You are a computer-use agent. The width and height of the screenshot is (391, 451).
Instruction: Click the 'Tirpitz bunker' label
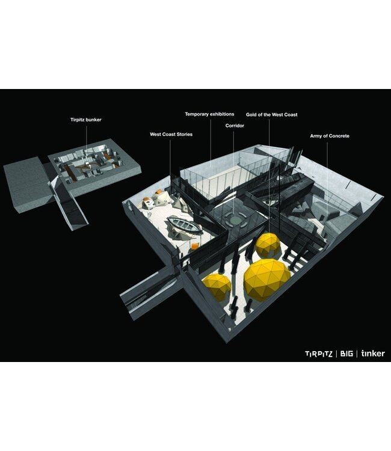[86, 120]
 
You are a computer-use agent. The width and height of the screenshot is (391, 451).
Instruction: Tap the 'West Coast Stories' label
[171, 134]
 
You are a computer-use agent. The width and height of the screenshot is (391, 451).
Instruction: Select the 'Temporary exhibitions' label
[209, 114]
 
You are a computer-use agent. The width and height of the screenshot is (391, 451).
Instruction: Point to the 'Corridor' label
[235, 126]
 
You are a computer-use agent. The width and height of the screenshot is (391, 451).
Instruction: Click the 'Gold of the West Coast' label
[272, 114]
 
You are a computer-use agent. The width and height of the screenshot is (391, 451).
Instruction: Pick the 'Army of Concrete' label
[330, 136]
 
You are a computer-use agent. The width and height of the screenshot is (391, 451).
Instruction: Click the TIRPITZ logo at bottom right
[318, 354]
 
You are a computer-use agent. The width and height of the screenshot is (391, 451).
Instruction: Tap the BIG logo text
[346, 354]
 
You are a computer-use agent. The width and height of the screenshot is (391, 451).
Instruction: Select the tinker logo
[373, 353]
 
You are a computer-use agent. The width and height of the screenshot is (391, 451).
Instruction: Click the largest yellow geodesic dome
[267, 280]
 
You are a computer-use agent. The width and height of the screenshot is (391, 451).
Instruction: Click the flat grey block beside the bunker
[27, 184]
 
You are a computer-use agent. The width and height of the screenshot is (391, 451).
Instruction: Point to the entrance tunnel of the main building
[151, 292]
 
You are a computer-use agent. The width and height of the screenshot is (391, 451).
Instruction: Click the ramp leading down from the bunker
[69, 204]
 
